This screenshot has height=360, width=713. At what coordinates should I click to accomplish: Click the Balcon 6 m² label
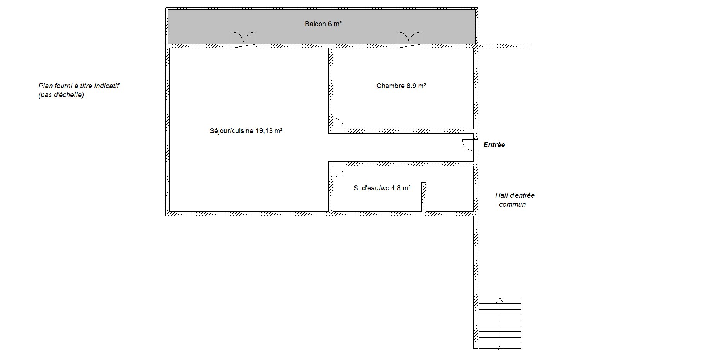click(x=323, y=24)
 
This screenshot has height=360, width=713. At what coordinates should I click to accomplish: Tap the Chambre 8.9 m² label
click(x=401, y=86)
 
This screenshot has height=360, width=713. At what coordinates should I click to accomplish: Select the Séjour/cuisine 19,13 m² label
click(x=246, y=131)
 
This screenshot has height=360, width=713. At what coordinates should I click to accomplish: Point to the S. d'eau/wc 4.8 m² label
click(x=382, y=188)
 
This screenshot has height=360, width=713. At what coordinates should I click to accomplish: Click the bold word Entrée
click(x=494, y=145)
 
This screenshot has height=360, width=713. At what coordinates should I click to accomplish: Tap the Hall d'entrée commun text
click(x=515, y=200)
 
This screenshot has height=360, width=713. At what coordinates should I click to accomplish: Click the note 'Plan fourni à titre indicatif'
click(x=79, y=86)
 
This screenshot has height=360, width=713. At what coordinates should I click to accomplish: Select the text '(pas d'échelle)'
click(x=61, y=95)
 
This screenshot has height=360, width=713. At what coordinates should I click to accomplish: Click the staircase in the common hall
click(x=500, y=323)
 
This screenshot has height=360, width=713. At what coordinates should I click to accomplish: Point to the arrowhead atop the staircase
click(x=500, y=300)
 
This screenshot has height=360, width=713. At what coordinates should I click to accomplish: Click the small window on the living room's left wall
click(x=168, y=187)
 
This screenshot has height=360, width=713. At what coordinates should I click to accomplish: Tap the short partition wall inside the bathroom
click(x=424, y=197)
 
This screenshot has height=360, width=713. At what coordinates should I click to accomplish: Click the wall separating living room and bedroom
click(x=331, y=91)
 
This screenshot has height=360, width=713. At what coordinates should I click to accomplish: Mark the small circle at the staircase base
click(x=500, y=348)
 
